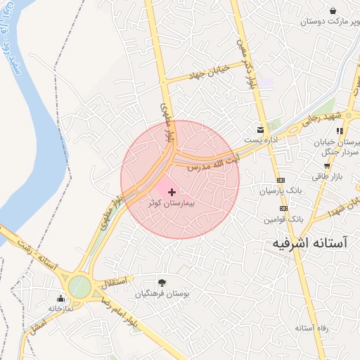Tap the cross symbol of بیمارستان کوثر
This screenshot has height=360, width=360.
tap(172, 191)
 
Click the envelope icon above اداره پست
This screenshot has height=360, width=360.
tap(261, 130)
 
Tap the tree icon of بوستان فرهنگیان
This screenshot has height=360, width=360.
tap(162, 282)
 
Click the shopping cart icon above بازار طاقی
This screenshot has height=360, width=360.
tap(327, 166)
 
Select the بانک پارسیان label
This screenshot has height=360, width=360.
tap(280, 191)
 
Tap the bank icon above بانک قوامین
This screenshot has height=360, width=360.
tap(283, 209)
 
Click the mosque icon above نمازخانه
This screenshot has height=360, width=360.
tap(60, 298)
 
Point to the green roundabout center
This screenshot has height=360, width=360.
tap(79, 287)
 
